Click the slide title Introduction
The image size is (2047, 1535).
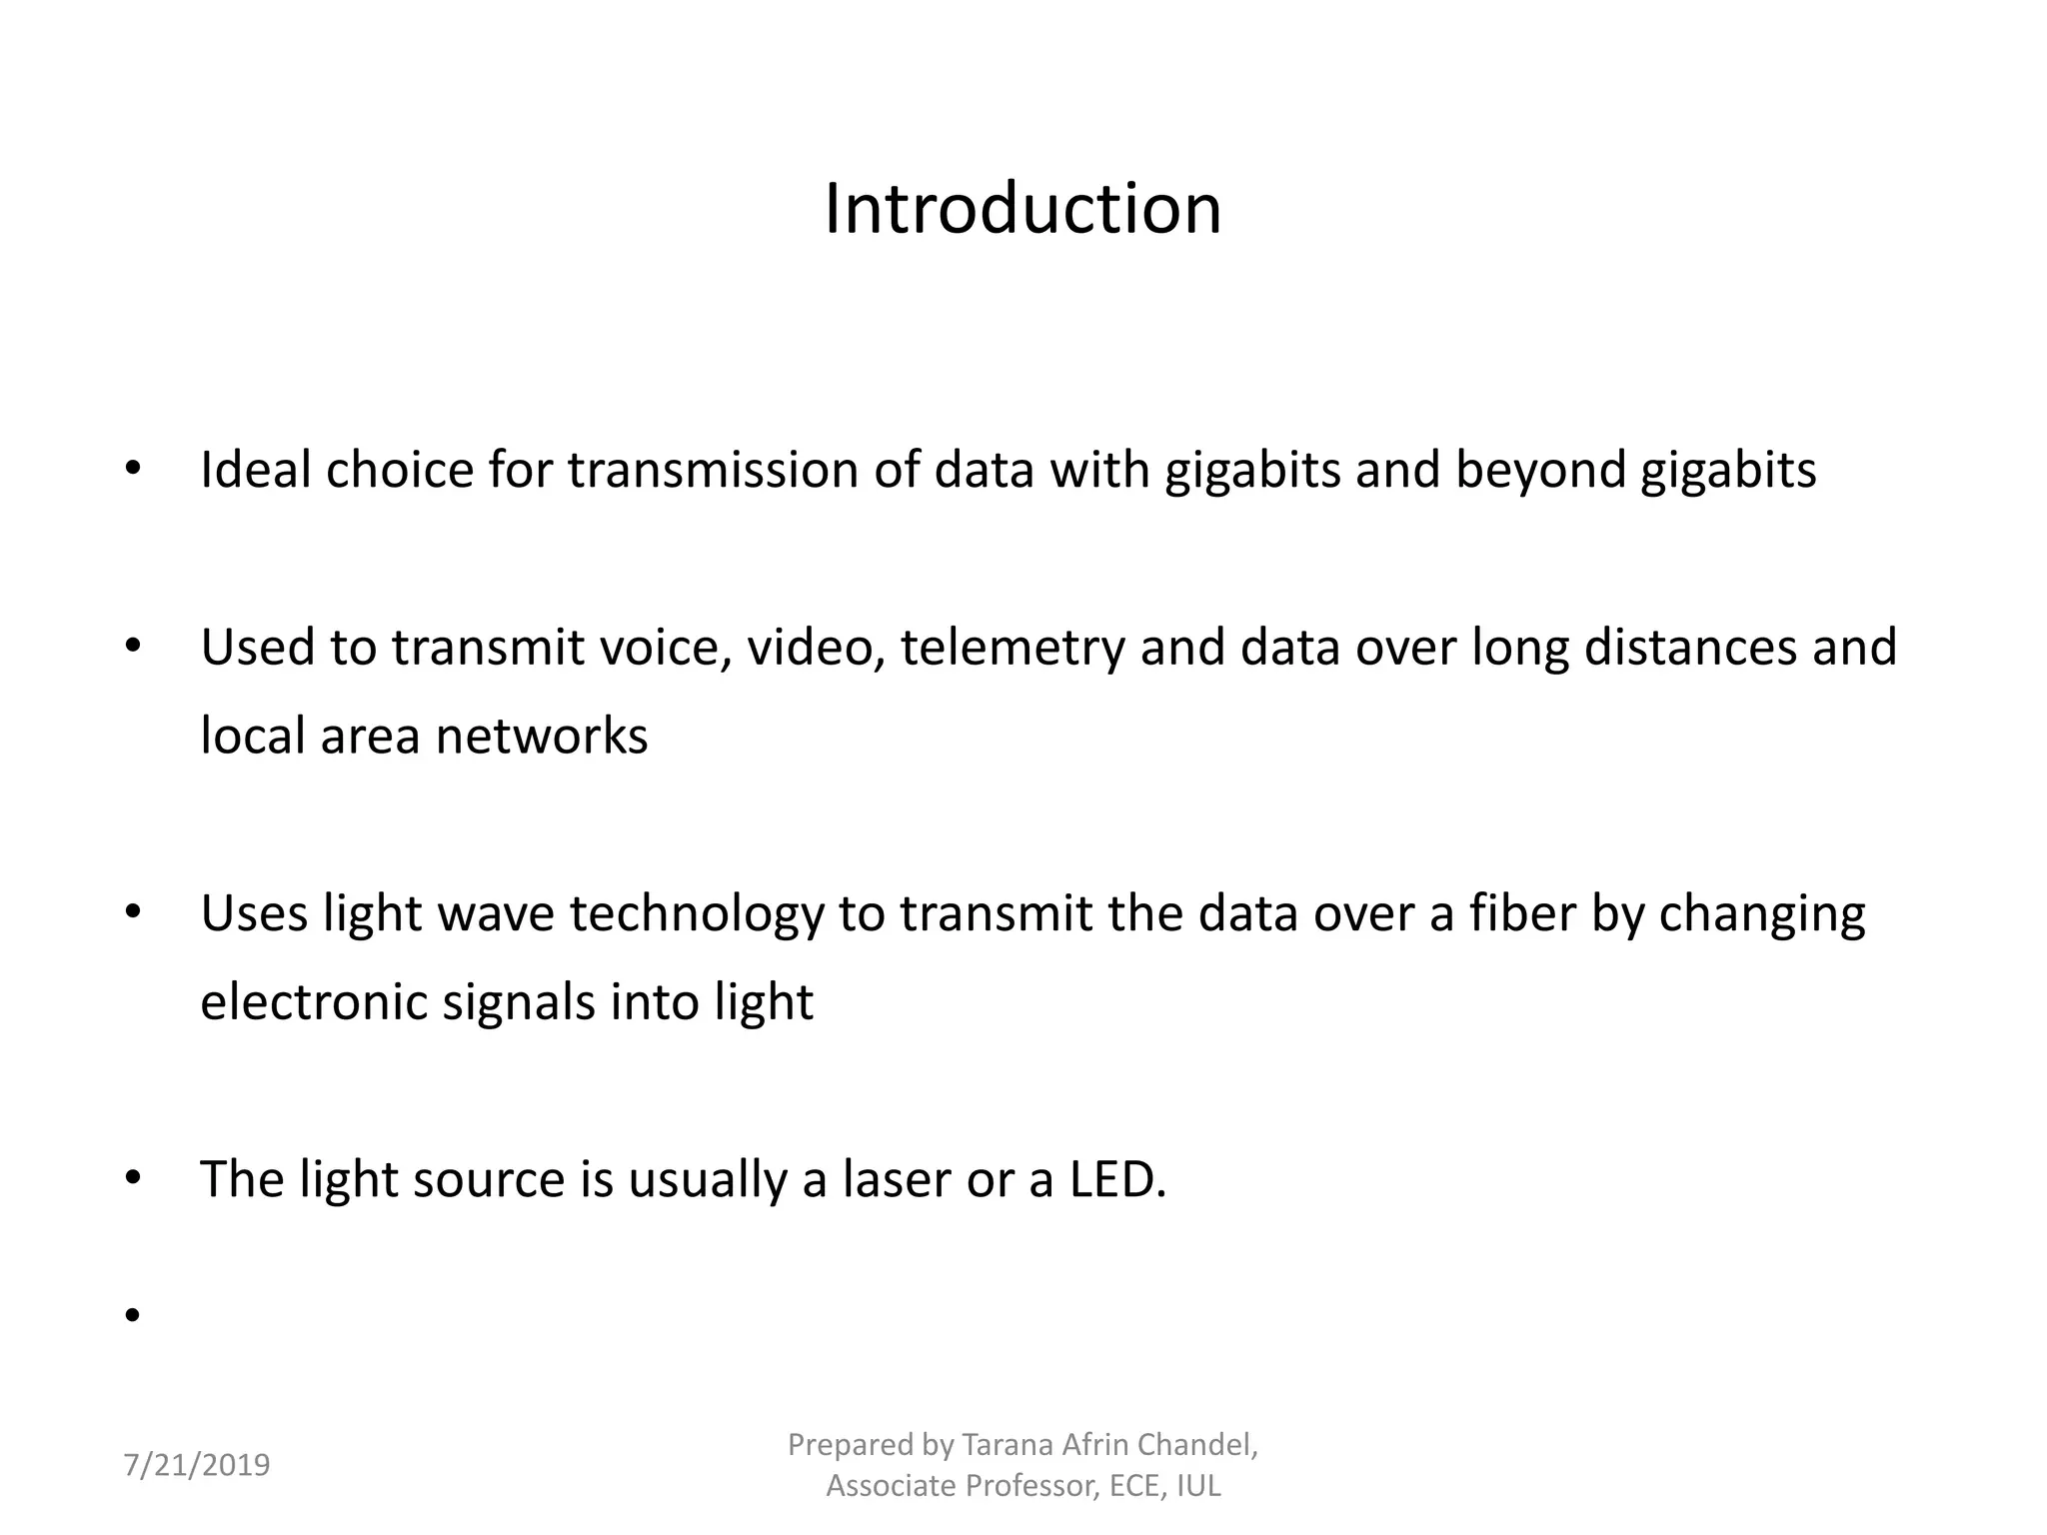1023,210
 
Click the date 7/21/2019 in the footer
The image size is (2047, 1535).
196,1465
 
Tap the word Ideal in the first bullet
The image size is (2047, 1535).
255,470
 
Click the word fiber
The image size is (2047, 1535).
1521,913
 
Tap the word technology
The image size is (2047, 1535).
697,915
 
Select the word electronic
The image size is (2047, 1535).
314,1002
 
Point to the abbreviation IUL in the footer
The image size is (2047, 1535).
1198,1486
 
